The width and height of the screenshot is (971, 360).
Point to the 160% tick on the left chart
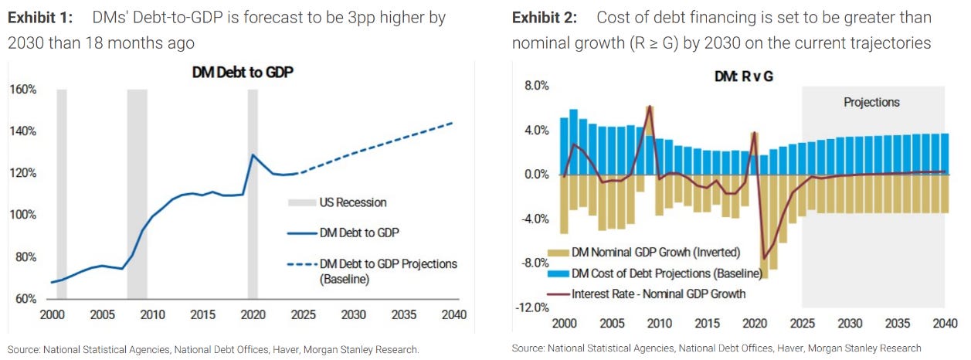(22, 90)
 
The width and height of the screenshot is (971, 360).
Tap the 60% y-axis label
(25, 299)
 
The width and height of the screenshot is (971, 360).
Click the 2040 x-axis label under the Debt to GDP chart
(453, 315)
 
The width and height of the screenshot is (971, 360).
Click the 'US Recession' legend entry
(352, 202)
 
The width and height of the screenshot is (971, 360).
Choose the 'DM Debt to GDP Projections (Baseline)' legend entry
(388, 271)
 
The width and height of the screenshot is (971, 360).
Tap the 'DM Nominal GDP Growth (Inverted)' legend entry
(656, 252)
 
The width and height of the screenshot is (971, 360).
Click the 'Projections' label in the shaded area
(871, 102)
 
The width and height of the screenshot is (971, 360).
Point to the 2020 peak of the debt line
(253, 155)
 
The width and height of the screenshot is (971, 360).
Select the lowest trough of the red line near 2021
(765, 259)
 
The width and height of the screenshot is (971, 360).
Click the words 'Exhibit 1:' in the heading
(41, 17)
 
